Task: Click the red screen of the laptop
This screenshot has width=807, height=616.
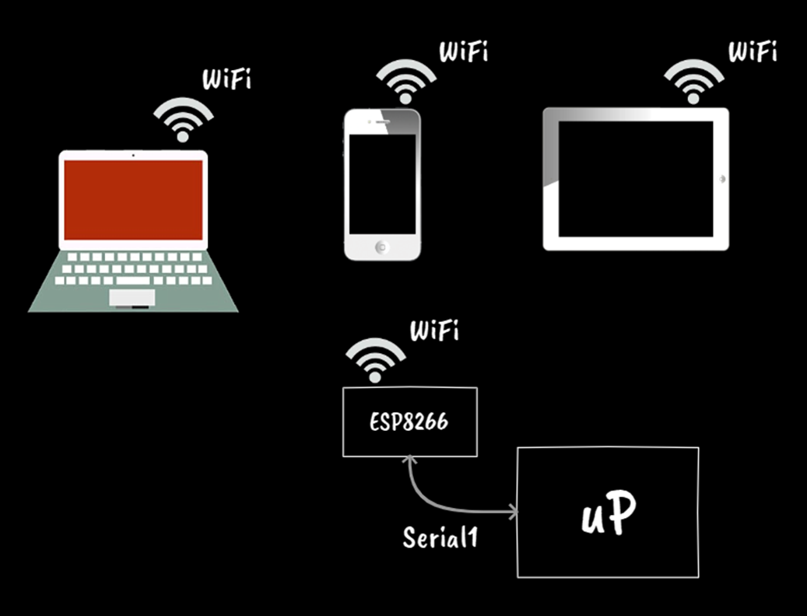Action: tap(133, 200)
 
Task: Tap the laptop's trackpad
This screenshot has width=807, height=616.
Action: tap(132, 297)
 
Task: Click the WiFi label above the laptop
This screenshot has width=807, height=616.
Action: tap(226, 79)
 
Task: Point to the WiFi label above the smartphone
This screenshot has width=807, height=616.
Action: tap(465, 53)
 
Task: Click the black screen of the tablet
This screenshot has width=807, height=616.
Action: tap(636, 179)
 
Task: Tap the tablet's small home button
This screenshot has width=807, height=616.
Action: tap(723, 179)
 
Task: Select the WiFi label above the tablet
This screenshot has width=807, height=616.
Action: tap(752, 52)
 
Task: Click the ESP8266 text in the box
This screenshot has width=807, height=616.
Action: tap(409, 423)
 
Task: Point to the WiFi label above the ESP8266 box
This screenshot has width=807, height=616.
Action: tap(434, 331)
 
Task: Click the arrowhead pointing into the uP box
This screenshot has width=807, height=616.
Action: tap(512, 512)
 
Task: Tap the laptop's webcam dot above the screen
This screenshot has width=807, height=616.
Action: tap(133, 156)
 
